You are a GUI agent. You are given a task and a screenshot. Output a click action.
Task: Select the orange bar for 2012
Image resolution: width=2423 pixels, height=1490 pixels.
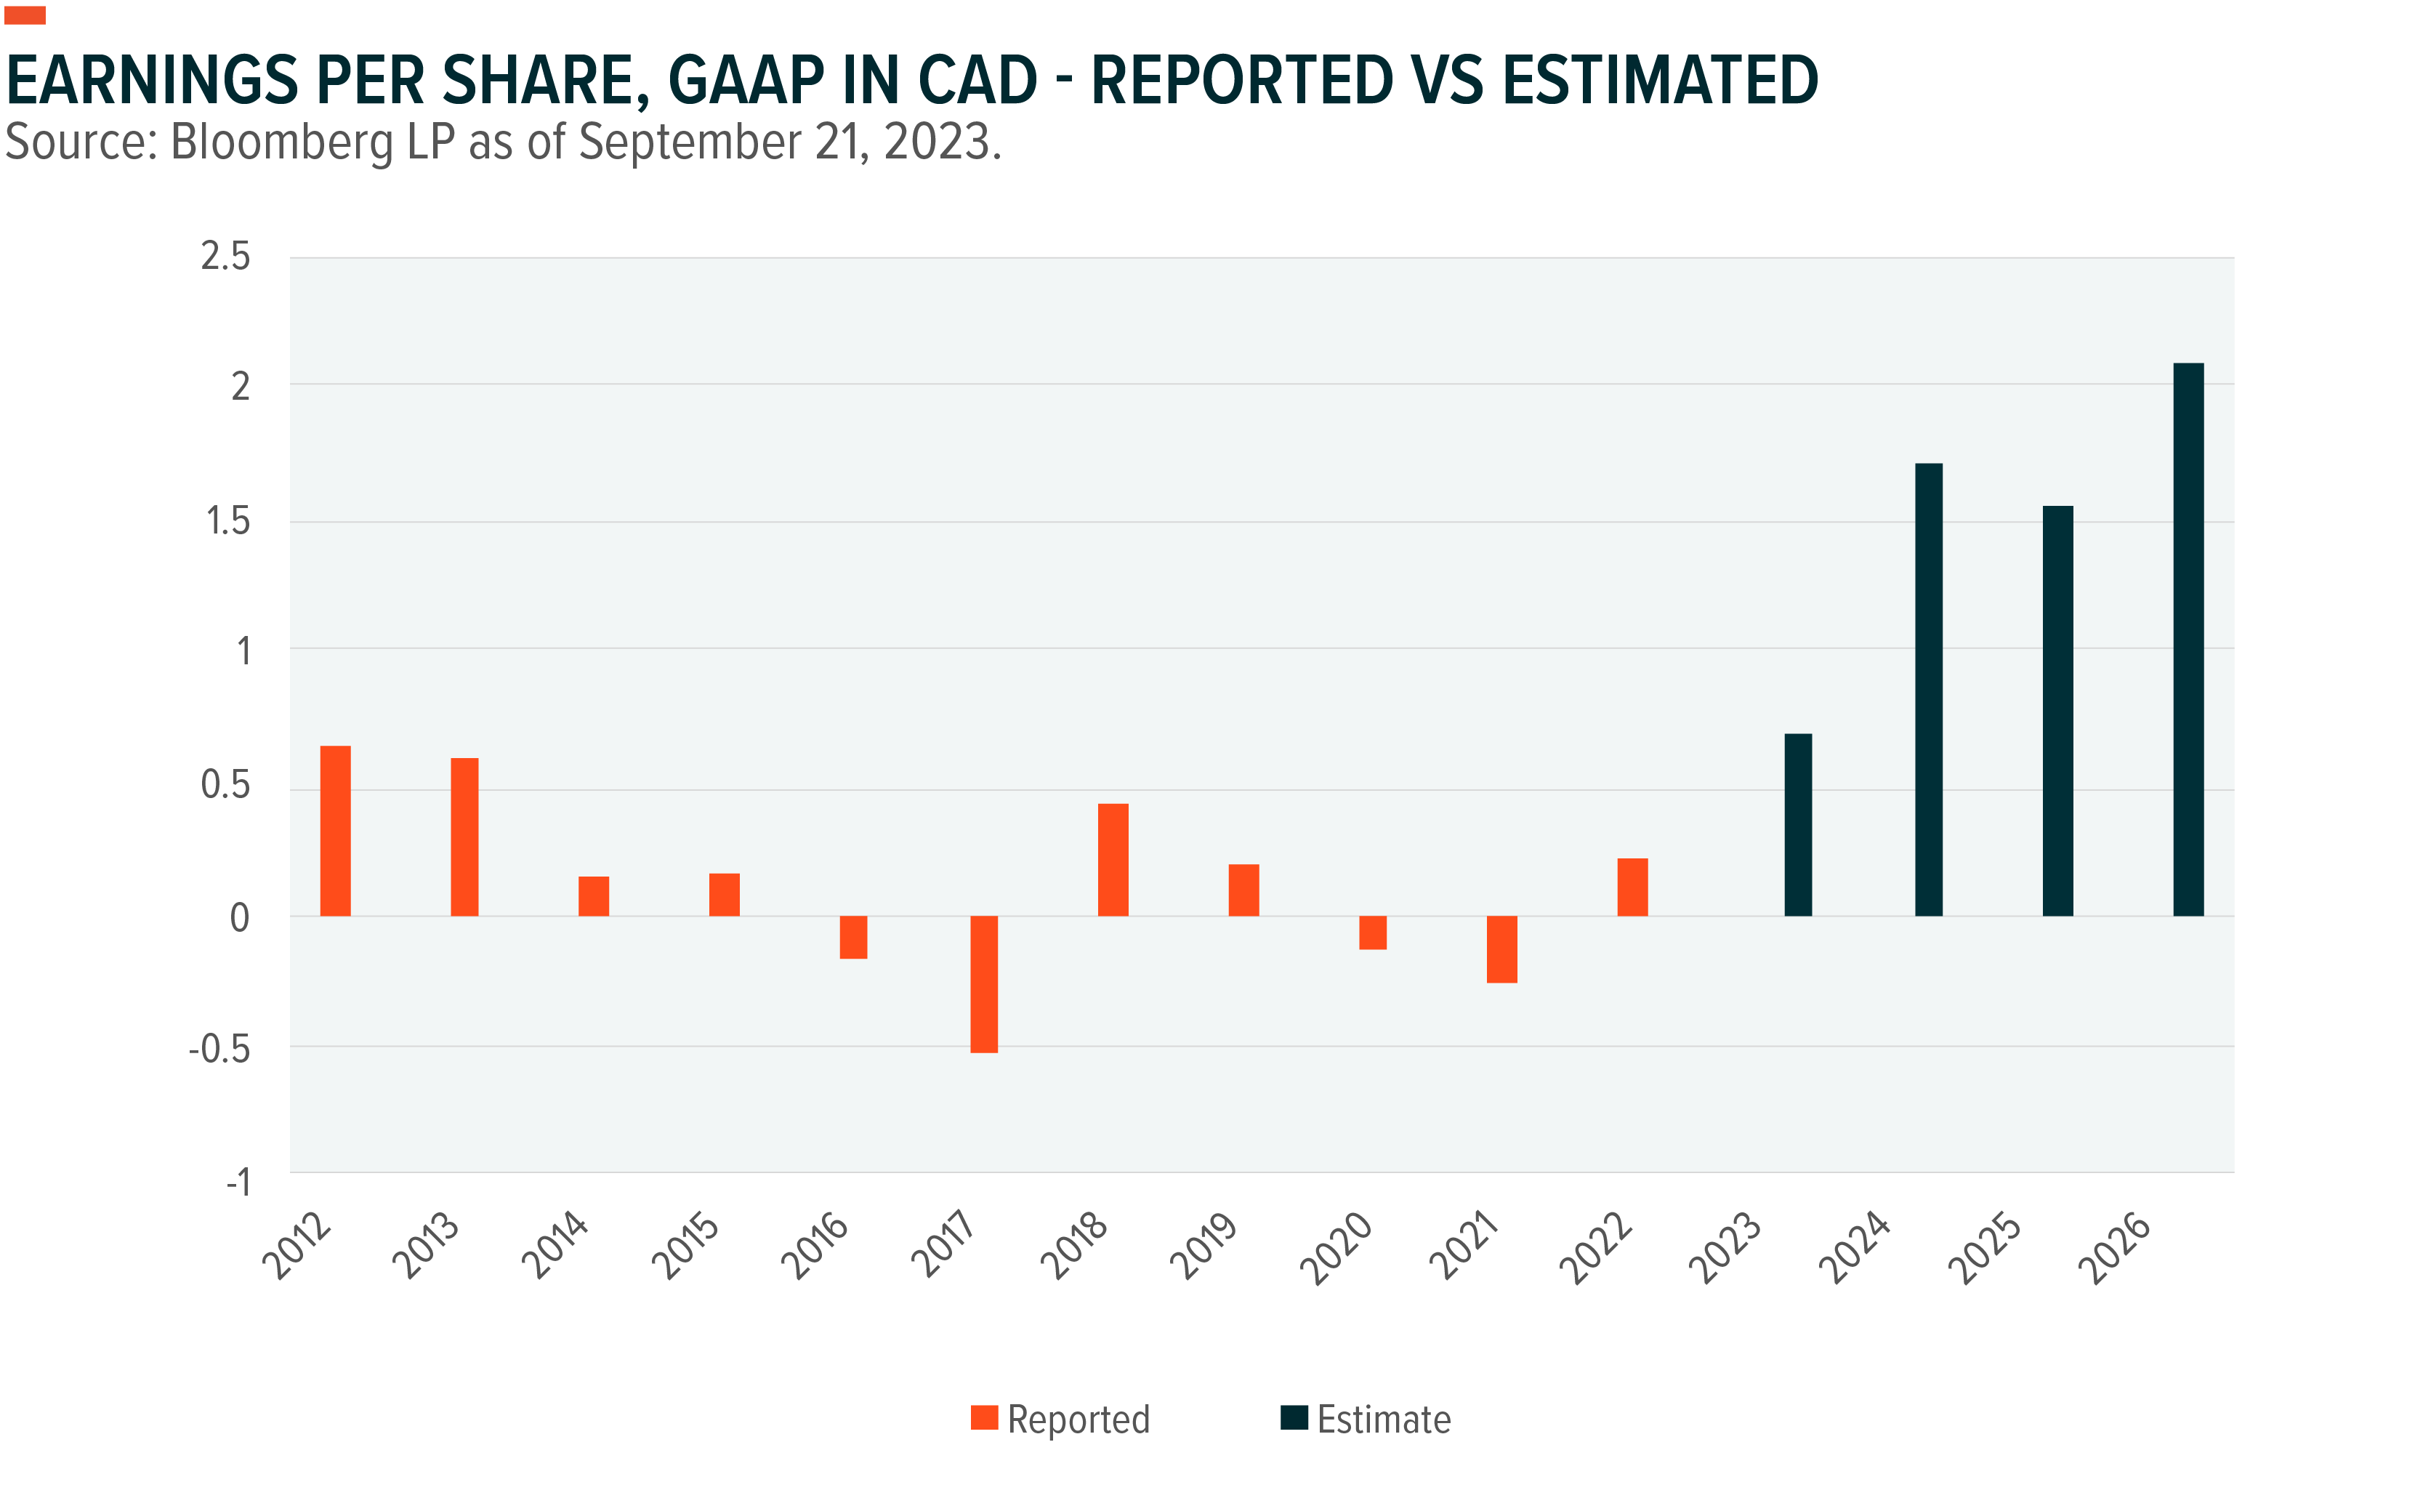335,831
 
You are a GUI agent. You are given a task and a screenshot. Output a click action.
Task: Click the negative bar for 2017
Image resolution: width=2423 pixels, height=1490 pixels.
983,983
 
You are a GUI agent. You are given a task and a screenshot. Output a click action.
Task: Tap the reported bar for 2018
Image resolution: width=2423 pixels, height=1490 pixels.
1113,859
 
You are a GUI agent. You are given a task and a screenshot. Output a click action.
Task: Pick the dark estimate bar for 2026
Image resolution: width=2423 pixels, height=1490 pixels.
2188,640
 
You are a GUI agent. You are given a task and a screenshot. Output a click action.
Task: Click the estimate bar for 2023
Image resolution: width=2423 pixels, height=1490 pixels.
1797,825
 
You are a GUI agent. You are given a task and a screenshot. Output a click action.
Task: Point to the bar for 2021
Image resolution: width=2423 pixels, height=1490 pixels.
1501,949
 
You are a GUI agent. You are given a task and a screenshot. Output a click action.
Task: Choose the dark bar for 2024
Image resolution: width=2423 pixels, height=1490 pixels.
1928,690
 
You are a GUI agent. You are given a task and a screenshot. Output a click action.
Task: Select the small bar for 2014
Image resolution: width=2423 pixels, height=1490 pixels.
593,895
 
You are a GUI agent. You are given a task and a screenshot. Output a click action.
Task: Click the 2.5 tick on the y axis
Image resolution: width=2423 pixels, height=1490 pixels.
225,257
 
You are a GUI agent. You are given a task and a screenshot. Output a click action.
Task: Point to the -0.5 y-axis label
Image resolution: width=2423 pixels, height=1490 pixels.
219,1050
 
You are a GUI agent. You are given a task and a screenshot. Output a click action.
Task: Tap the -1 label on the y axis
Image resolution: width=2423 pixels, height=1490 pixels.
238,1182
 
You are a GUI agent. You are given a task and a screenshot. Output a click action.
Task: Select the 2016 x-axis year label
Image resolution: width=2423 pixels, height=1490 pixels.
815,1247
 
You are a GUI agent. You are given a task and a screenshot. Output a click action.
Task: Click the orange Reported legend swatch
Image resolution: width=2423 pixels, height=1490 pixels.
983,1417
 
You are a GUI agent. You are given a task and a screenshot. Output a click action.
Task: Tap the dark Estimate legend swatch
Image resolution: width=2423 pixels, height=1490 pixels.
1294,1417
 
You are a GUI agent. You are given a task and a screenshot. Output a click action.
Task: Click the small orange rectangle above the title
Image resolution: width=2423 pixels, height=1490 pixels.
25,15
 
